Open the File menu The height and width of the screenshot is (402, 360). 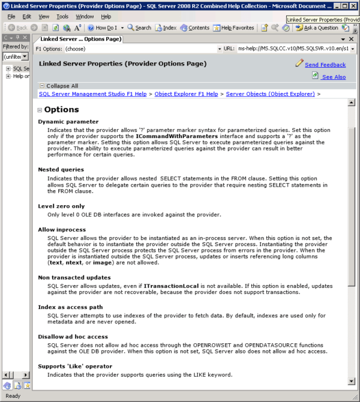[11, 16]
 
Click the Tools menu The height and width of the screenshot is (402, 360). [62, 16]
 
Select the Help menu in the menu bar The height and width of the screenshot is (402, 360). [106, 16]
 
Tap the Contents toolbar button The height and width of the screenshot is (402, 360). [194, 28]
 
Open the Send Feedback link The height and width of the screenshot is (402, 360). [325, 65]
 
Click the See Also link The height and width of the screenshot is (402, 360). [333, 77]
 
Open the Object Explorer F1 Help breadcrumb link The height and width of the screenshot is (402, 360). [186, 94]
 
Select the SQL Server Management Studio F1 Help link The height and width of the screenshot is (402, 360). [92, 94]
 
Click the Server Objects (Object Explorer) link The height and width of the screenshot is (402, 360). [270, 94]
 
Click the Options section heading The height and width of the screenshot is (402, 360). [62, 110]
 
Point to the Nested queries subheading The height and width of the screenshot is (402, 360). [61, 170]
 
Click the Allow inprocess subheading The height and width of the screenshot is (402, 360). [62, 230]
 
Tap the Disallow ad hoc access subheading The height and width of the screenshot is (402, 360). [73, 337]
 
